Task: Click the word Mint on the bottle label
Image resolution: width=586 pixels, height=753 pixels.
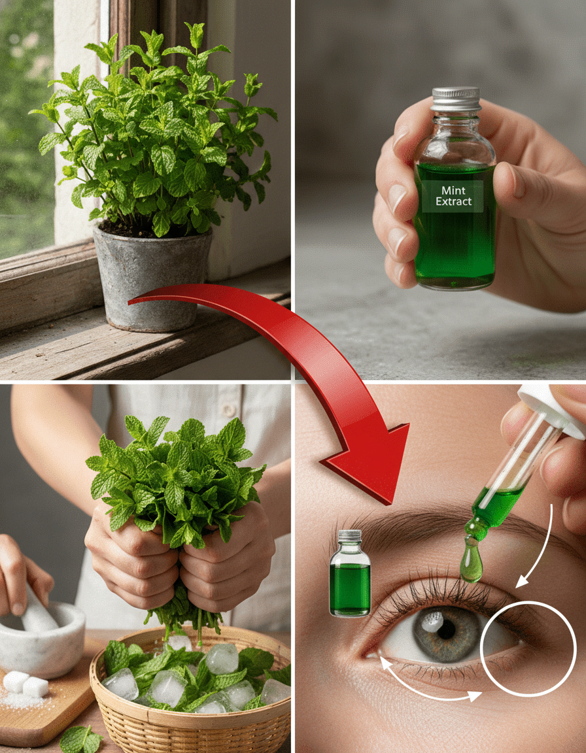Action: (453, 191)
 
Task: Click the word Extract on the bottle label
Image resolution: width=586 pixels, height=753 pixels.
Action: (453, 202)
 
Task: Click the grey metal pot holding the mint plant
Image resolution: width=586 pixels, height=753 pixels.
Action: (152, 278)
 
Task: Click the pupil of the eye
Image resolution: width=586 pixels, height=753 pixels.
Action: (446, 629)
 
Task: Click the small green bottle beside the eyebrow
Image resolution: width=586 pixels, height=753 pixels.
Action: (350, 573)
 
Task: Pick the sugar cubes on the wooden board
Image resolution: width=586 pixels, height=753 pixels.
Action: (26, 684)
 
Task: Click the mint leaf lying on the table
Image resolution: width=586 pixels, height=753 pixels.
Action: (80, 739)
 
